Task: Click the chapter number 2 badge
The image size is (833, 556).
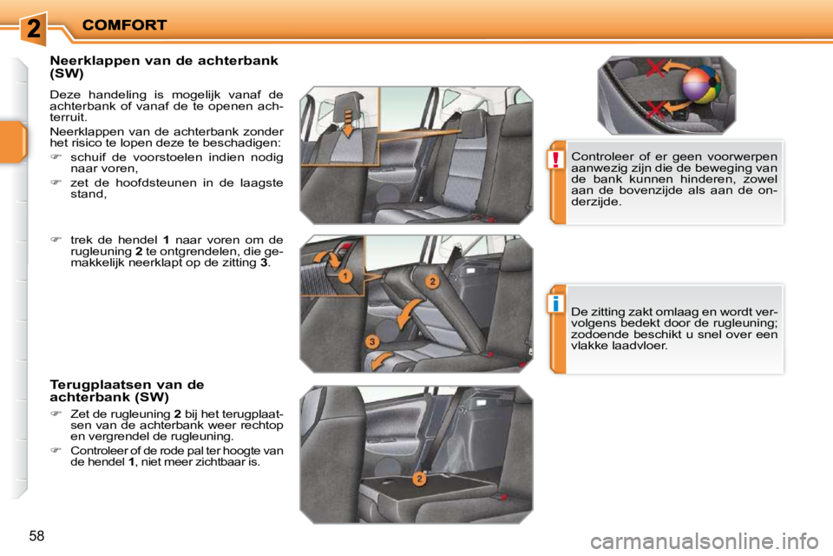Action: click(32, 28)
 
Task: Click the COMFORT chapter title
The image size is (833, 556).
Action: click(124, 25)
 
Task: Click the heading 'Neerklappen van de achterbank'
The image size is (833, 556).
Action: click(164, 61)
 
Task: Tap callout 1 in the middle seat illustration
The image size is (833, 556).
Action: click(345, 275)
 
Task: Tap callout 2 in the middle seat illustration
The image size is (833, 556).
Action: click(432, 281)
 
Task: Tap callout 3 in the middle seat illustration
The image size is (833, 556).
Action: click(371, 341)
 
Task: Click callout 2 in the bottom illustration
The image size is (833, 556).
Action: click(418, 480)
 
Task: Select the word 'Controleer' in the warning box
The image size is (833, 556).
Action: click(600, 156)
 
